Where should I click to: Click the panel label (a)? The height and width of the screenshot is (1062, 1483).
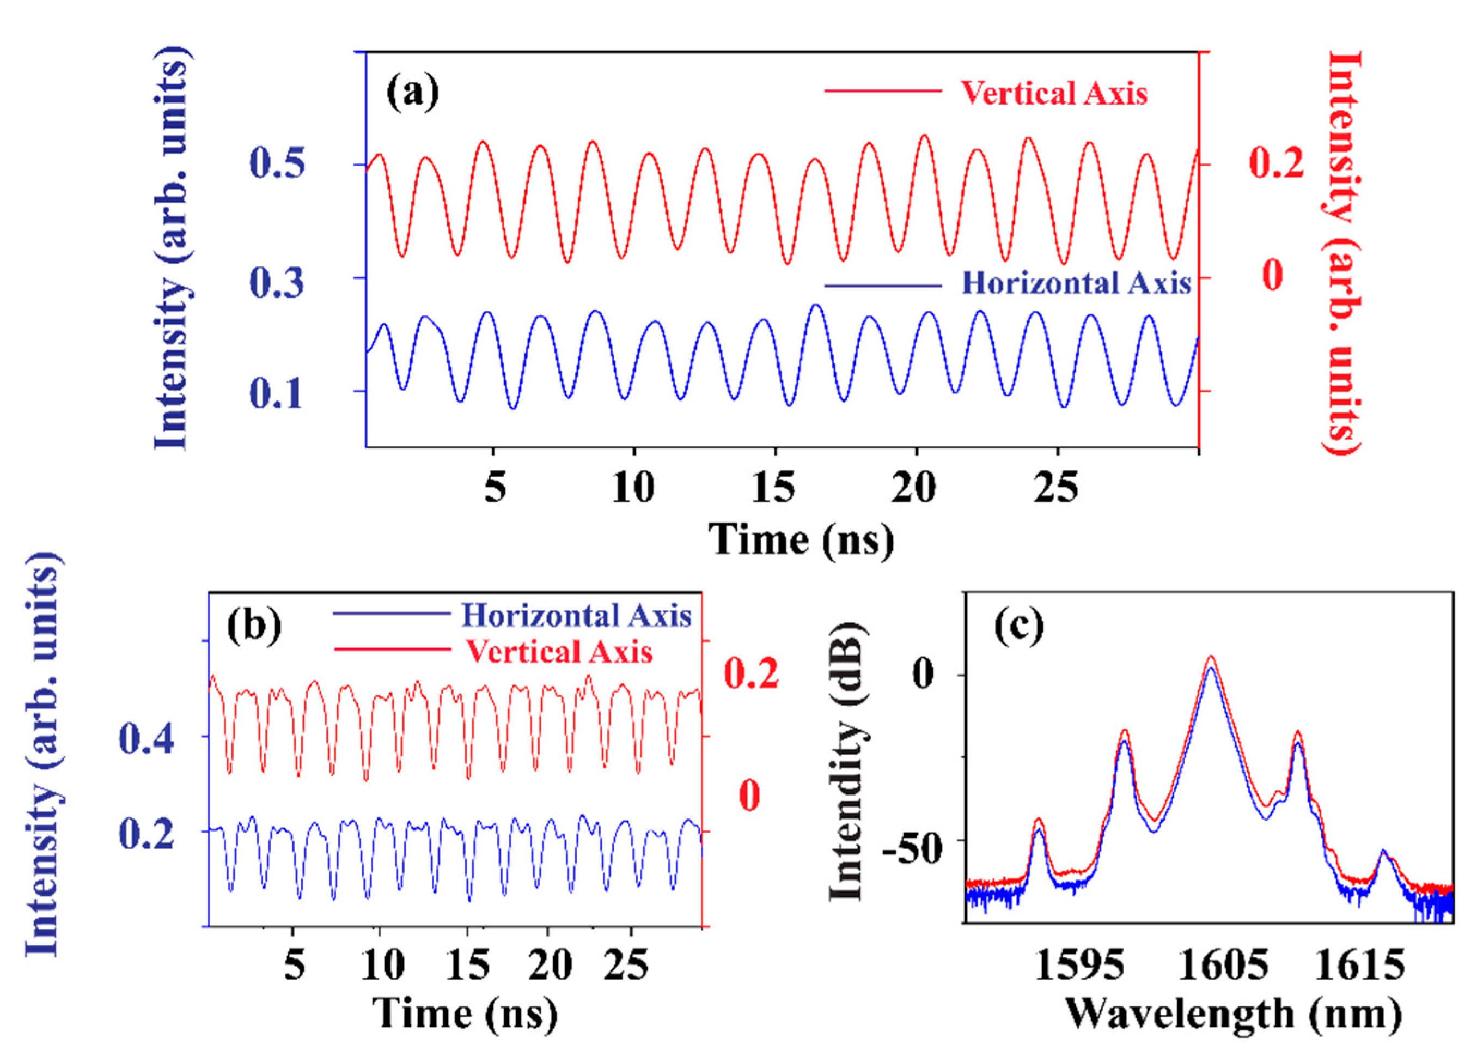click(x=412, y=92)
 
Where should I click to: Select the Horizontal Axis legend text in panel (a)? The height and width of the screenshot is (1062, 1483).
click(x=1076, y=284)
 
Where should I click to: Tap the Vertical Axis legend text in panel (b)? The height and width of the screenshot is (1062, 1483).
click(x=559, y=652)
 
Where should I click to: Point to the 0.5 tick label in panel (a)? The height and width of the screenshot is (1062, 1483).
click(x=277, y=163)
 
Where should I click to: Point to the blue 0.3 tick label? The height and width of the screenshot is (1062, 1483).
click(x=277, y=283)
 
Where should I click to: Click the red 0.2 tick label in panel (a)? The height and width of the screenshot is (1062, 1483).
click(x=1275, y=163)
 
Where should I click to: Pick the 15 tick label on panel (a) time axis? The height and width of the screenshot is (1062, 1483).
click(x=773, y=487)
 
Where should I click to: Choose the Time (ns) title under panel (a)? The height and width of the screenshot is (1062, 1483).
click(x=801, y=539)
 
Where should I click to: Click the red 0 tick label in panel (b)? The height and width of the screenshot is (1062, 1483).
click(x=749, y=794)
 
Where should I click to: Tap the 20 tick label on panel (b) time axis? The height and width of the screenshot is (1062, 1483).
click(x=550, y=964)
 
